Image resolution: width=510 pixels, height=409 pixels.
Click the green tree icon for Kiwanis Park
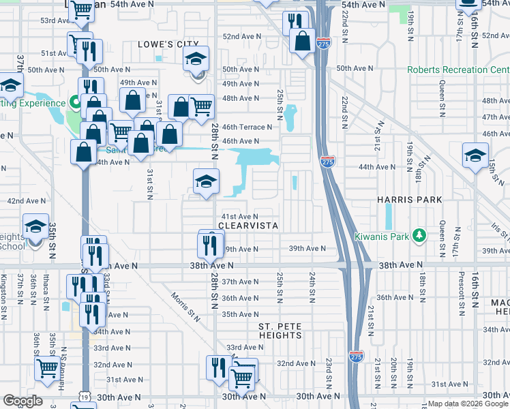(x=421, y=237)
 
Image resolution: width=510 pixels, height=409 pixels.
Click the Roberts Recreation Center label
(x=458, y=70)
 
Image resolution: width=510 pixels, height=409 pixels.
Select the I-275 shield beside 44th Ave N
(x=327, y=162)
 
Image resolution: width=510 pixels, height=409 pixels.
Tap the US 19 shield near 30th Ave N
(x=83, y=396)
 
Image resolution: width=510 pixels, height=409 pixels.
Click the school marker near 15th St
(x=475, y=155)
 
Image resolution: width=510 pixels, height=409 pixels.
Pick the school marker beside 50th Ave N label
(x=196, y=59)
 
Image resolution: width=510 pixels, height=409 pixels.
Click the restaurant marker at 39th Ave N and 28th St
(x=211, y=242)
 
